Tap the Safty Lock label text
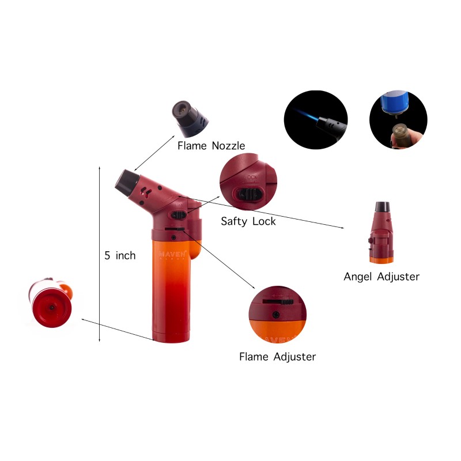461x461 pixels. [248, 221]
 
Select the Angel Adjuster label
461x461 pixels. [381, 277]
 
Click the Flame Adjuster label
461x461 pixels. [277, 357]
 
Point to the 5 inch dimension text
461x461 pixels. [120, 255]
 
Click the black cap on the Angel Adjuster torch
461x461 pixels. [381, 207]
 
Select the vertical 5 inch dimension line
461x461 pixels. [100, 254]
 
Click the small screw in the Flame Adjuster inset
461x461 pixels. [277, 313]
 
